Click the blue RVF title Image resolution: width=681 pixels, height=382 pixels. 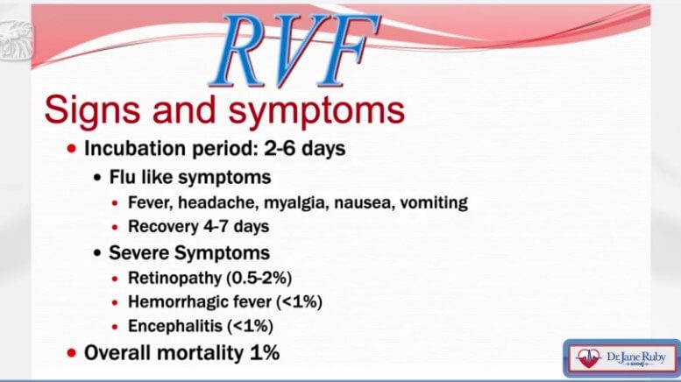[x=295, y=50]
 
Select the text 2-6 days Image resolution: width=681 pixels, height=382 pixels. [x=305, y=148]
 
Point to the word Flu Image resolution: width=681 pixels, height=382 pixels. [x=122, y=177]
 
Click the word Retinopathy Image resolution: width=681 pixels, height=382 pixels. [x=174, y=279]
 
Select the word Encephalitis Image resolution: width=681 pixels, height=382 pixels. [x=175, y=327]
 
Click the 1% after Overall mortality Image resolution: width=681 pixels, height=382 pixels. [x=265, y=353]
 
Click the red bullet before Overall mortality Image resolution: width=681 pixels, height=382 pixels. [x=72, y=353]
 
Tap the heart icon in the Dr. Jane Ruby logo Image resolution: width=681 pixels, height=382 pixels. [x=588, y=358]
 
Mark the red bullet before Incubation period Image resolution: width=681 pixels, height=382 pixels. [x=72, y=149]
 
